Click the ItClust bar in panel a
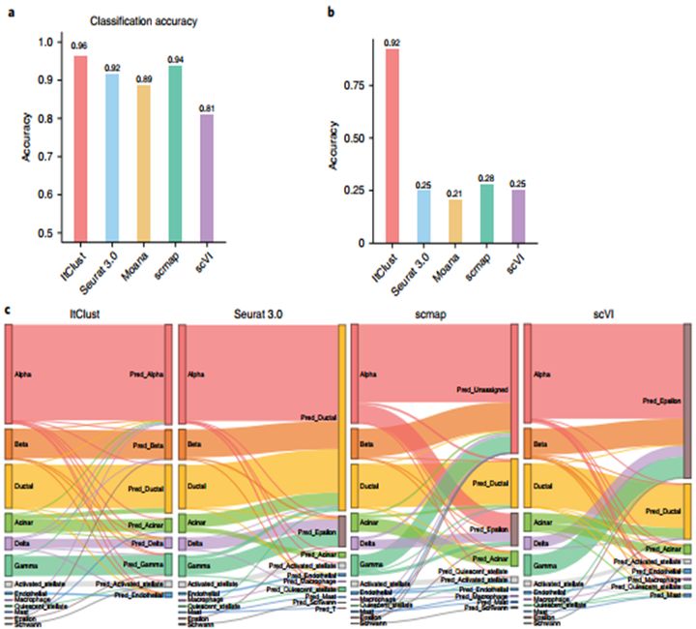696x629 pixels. pos(80,145)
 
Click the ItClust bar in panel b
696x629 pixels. pos(391,145)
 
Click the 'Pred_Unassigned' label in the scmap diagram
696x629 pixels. pos(484,389)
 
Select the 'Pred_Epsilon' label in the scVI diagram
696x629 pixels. pos(661,399)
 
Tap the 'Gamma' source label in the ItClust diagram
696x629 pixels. pos(20,564)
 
